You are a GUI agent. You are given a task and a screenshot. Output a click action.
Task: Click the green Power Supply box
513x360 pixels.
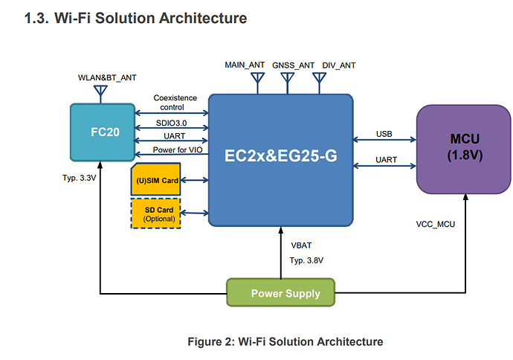coord(280,292)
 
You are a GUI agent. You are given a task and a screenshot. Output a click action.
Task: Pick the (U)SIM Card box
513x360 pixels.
coord(155,180)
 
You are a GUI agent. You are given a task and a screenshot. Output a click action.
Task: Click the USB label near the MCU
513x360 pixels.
coord(384,134)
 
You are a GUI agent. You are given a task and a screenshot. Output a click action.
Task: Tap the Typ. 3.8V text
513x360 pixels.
coord(306,260)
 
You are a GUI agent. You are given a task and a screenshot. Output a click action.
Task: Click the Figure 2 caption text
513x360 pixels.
coord(285,341)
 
